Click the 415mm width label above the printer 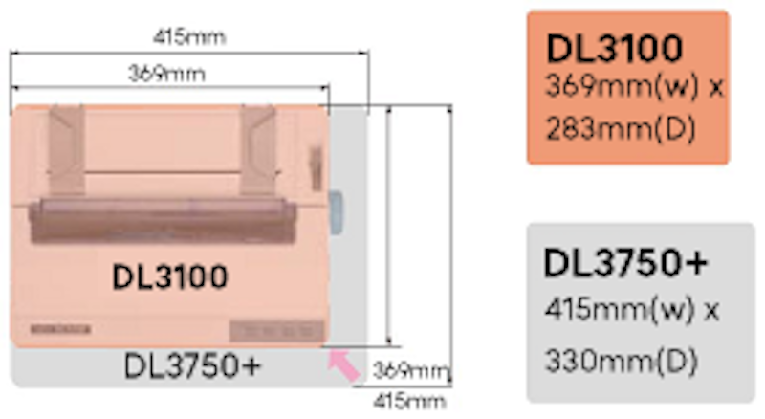[x=189, y=37]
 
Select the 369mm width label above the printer [x=166, y=75]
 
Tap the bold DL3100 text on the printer [x=170, y=276]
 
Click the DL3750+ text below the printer [x=193, y=366]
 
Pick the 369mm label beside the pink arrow [x=410, y=371]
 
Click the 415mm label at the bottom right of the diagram [x=409, y=402]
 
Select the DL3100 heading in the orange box [x=614, y=49]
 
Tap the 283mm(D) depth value [x=620, y=130]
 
